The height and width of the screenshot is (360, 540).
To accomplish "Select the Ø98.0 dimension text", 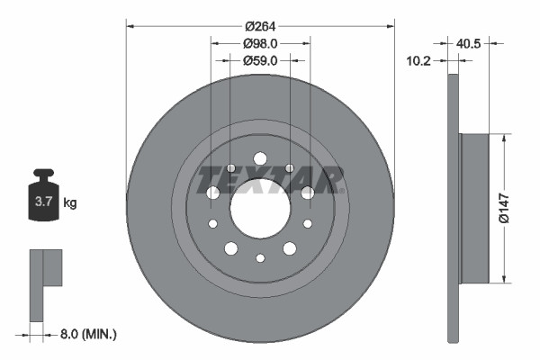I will tap(260, 42).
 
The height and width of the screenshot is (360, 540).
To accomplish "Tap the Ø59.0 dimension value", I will tap(260, 60).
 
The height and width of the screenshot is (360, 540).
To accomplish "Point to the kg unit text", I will tap(70, 203).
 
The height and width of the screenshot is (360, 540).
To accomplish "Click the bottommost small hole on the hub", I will tap(260, 258).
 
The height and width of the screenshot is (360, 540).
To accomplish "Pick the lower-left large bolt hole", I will tap(230, 248).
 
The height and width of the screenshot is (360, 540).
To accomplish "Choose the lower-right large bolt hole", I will tap(290, 248).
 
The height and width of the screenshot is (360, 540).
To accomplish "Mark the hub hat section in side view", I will tap(473, 208).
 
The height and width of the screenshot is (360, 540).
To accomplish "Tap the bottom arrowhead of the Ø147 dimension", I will tap(502, 278).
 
